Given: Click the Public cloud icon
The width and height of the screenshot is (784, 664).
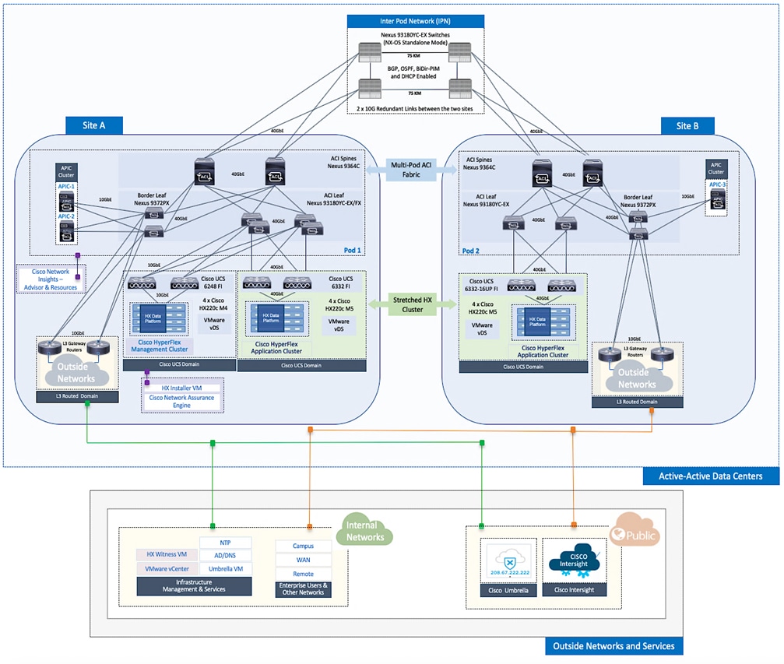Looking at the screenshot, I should tap(635, 535).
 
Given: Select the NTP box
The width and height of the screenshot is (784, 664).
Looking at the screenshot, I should tap(225, 543).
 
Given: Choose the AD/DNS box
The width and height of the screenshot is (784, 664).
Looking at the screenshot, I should tap(225, 556).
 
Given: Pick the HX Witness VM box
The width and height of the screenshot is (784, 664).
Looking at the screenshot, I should tap(167, 555).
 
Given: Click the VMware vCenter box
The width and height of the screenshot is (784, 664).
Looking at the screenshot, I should tap(167, 569).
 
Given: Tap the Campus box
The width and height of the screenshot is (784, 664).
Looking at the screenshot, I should tap(304, 546).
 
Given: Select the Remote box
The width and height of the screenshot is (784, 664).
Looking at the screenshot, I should tap(304, 574).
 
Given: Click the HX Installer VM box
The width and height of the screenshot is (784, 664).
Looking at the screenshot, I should tap(181, 388).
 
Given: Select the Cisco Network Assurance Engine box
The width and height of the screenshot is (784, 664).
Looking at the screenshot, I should tap(181, 402).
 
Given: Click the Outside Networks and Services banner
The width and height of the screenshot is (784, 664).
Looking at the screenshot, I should tap(613, 646).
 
